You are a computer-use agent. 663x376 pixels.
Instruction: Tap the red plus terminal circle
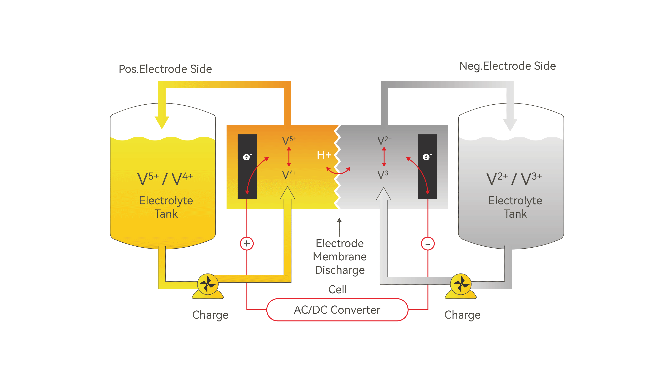pyautogui.click(x=247, y=243)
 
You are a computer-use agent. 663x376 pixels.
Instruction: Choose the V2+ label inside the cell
pyautogui.click(x=384, y=140)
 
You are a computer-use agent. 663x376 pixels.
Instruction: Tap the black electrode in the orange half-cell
pyautogui.click(x=247, y=167)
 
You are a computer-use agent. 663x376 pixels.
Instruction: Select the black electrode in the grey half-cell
pyautogui.click(x=427, y=167)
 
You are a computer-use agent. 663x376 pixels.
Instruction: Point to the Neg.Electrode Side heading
pyautogui.click(x=507, y=66)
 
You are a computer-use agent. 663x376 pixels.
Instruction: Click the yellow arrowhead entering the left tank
pyautogui.click(x=162, y=122)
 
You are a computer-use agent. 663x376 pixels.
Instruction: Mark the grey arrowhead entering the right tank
pyautogui.click(x=510, y=124)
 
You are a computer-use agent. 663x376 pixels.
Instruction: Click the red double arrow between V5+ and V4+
pyautogui.click(x=289, y=157)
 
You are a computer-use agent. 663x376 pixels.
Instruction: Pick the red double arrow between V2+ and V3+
pyautogui.click(x=384, y=157)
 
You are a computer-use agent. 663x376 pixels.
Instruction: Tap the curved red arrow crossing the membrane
pyautogui.click(x=338, y=172)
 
